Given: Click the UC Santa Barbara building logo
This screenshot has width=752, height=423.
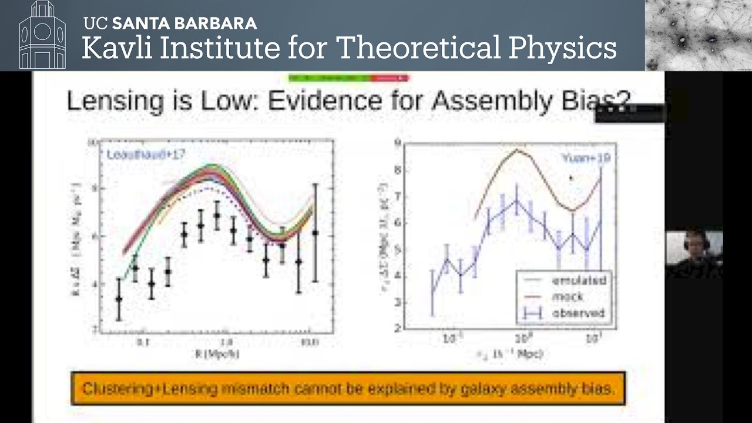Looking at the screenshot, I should click(42, 35).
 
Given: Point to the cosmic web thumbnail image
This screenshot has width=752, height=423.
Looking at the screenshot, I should click(698, 35).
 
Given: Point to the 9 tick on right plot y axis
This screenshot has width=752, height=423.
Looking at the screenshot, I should click(398, 142).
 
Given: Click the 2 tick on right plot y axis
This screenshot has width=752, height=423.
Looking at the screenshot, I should click(398, 328).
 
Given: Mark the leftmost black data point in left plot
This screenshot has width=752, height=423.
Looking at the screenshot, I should click(119, 299).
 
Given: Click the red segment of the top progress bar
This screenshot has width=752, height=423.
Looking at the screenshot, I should click(390, 78).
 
